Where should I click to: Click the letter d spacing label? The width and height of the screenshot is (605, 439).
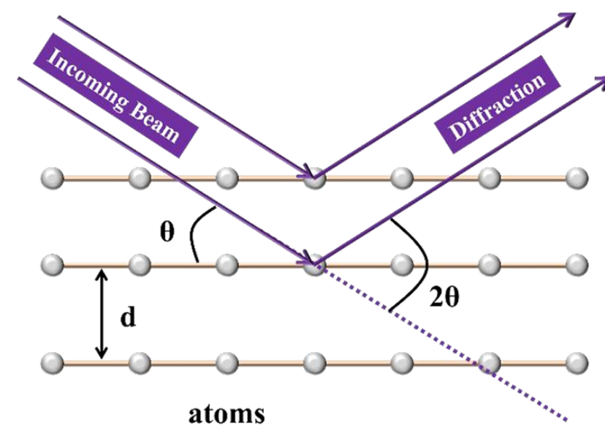(x=130, y=320)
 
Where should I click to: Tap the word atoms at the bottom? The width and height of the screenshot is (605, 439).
(x=227, y=414)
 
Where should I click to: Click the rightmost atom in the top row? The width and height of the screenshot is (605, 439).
(x=577, y=178)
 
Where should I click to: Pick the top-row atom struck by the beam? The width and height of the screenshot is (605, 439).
(x=315, y=178)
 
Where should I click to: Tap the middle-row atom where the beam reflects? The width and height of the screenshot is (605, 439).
(x=315, y=263)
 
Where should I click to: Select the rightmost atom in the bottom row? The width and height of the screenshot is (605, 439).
(x=577, y=362)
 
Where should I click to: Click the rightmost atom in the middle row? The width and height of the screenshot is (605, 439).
(x=577, y=263)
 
